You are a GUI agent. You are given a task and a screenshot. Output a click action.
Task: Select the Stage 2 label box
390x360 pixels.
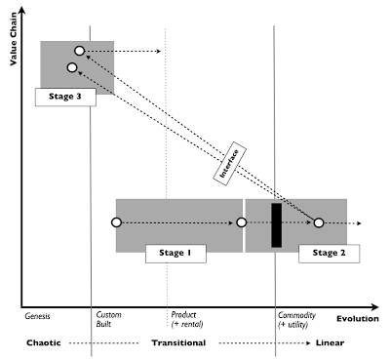tap(328, 254)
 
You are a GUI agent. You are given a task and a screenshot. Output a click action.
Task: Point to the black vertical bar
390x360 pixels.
tap(277, 224)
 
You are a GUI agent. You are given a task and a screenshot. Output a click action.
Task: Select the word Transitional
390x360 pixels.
tap(181, 343)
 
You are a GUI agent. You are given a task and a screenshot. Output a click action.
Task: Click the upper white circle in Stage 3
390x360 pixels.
tap(80, 50)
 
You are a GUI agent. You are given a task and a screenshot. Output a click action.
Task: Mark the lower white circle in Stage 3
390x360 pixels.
tap(71, 67)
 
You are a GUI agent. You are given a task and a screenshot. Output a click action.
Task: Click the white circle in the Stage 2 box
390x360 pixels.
tap(318, 223)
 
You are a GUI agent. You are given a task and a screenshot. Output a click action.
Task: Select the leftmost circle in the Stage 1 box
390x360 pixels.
tap(116, 223)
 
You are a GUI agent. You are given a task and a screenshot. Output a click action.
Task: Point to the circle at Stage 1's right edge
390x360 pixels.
tap(241, 223)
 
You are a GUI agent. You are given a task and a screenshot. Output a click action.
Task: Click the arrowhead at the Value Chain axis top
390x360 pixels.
tap(24, 9)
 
